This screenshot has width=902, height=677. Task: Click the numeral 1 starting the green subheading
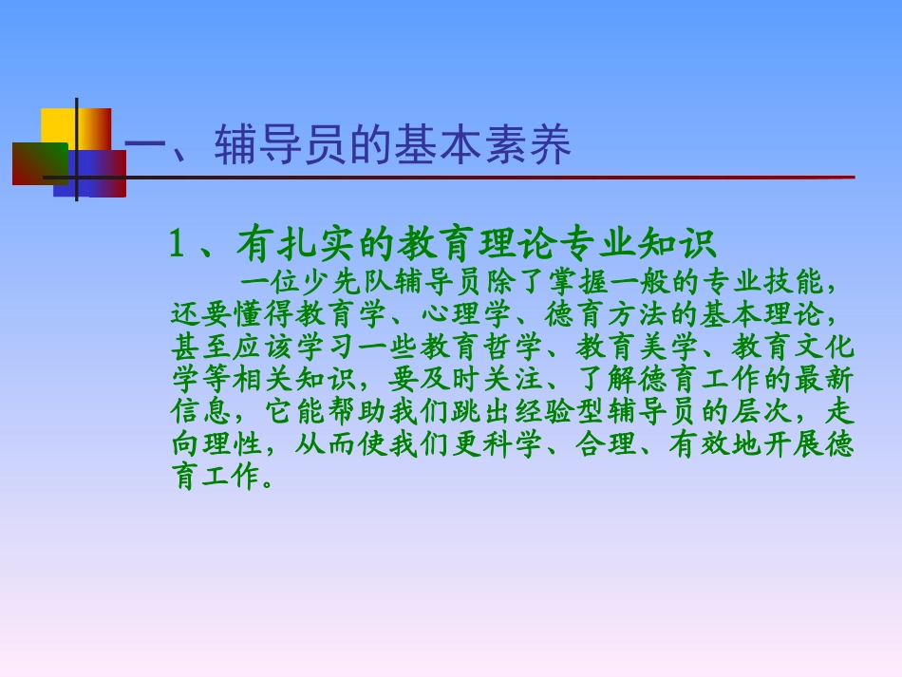[x=176, y=245]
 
